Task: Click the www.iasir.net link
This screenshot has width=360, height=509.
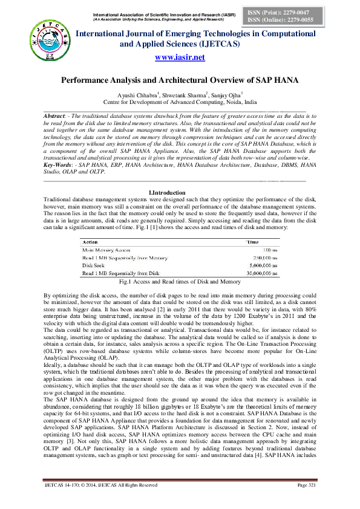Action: click(x=180, y=57)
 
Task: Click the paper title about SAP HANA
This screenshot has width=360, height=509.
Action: click(x=180, y=80)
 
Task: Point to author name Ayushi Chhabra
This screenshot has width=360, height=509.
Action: click(x=138, y=94)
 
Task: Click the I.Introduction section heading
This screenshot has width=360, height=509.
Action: click(x=180, y=192)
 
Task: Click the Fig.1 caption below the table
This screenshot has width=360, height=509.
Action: click(x=180, y=282)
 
